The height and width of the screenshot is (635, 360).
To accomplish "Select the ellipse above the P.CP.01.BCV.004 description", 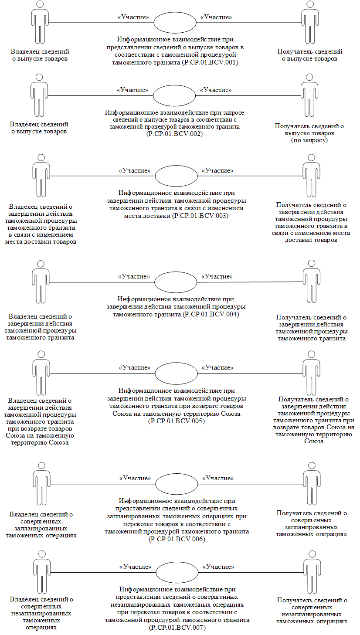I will tap(176, 281).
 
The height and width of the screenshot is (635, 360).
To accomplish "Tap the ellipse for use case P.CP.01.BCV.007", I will tap(177, 572).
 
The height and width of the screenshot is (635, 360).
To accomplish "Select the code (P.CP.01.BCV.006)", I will tap(177, 539).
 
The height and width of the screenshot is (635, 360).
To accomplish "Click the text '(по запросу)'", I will tap(309, 140).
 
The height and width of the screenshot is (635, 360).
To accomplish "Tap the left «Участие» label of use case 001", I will tap(133, 17).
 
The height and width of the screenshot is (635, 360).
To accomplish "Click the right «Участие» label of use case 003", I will tap(217, 170).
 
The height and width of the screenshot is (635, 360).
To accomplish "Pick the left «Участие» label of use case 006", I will tap(135, 478).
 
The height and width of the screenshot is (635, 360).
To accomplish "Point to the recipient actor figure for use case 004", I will tap(311, 282).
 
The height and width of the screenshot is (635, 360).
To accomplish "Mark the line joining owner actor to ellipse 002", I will tap(100, 95).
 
